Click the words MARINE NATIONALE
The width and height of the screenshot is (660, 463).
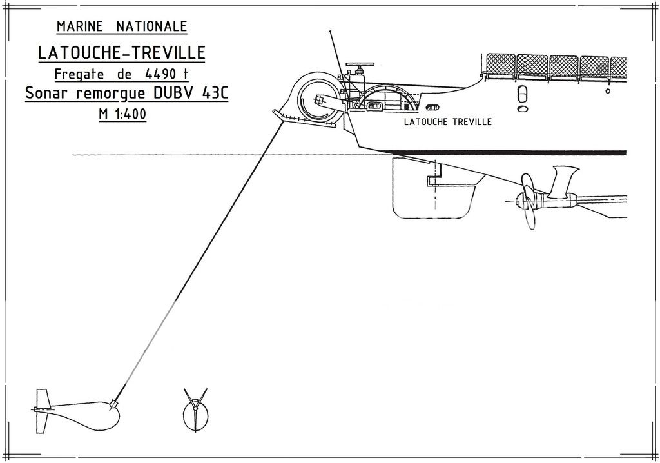click(x=122, y=26)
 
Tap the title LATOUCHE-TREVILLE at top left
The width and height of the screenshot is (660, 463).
click(x=122, y=52)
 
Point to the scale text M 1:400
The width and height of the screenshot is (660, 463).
click(x=122, y=115)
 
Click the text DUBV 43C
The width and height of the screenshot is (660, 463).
click(x=191, y=94)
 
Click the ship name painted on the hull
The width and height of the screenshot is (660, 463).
click(x=447, y=122)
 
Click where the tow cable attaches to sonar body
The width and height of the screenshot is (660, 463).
click(x=115, y=404)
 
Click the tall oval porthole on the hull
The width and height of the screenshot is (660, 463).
click(x=523, y=95)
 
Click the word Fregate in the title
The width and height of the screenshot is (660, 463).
click(x=77, y=74)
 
